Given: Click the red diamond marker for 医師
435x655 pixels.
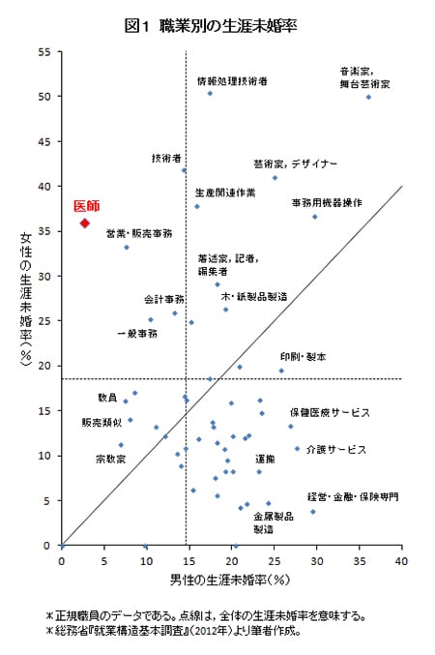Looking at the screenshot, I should point(85,223).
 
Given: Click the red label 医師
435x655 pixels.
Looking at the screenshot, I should point(86,206).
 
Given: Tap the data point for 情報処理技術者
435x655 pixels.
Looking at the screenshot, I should point(210,93).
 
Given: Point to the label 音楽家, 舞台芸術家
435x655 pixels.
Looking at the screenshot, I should point(364,77).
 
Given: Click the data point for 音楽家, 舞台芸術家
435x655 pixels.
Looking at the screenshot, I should point(368,97).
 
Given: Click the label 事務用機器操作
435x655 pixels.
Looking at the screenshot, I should point(327,202).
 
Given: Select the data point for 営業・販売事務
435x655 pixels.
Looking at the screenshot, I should point(127,248).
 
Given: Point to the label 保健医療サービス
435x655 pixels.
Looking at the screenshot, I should point(330,412).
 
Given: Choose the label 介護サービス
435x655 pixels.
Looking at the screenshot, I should point(335,449).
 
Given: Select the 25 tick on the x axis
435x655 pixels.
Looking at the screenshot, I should point(274,561).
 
